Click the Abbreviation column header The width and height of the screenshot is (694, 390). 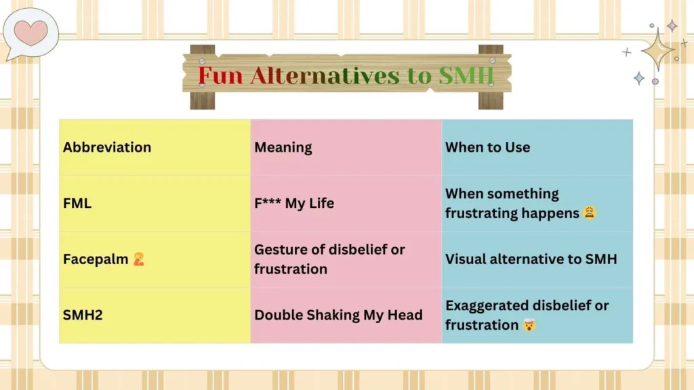pos(107,148)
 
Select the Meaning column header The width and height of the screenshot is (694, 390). pos(283,148)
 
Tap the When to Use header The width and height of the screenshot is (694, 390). pos(488,148)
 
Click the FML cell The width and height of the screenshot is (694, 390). pos(77,203)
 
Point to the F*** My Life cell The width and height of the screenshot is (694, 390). pos(294,203)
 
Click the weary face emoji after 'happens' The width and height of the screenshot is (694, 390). pos(590,213)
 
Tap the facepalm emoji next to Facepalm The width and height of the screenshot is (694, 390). pos(139,259)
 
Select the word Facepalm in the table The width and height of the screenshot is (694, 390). pos(96,259)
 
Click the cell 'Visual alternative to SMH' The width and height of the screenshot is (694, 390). pos(531,259)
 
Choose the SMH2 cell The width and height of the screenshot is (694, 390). pos(83,315)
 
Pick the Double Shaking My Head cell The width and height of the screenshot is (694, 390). pos(338,315)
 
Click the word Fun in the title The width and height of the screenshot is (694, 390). pos(220,76)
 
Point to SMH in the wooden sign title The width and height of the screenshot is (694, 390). pos(464,76)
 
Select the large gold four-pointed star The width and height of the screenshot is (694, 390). pos(657,50)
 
